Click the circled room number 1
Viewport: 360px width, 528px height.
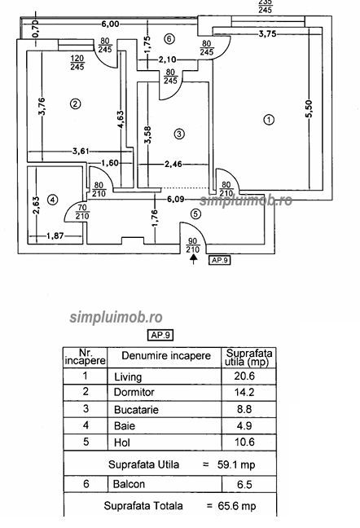pos(269,120)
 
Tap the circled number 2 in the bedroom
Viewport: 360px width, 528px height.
pos(76,103)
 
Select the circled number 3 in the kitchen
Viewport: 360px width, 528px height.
pos(179,134)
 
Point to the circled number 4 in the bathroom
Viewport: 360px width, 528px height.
pos(52,200)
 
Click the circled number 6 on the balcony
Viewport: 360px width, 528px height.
pos(169,39)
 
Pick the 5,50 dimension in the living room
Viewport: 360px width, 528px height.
pos(309,108)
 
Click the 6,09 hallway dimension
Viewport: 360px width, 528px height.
pos(176,200)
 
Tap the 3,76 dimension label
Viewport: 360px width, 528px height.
pos(42,107)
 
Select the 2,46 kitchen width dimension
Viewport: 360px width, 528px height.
pos(173,165)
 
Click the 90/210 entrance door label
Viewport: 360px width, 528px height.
pos(192,245)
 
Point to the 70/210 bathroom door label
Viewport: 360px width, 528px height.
pos(82,212)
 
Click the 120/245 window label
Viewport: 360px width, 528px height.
pos(77,63)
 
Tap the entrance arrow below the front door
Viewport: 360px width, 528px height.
pos(193,259)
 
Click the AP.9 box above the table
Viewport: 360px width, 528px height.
pos(160,335)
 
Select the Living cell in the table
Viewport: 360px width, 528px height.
pos(128,376)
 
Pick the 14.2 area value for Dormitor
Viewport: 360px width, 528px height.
pos(244,392)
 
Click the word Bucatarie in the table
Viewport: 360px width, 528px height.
pos(136,410)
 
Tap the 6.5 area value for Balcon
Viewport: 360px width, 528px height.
pos(244,485)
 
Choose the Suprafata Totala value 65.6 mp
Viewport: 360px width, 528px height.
pos(237,506)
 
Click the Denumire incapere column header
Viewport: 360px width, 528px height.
pos(166,356)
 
